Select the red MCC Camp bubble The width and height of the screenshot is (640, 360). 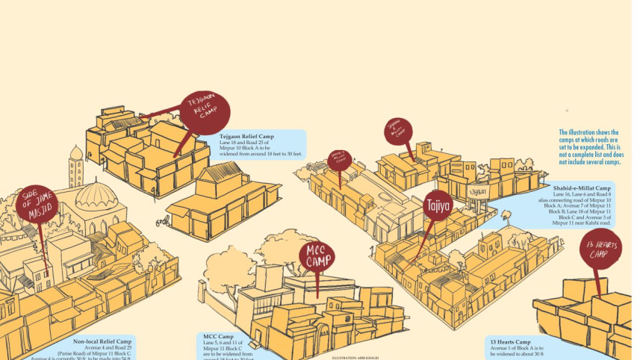point(318,255)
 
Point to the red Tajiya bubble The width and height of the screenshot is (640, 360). point(437,205)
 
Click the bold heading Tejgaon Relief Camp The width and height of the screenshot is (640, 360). point(246,137)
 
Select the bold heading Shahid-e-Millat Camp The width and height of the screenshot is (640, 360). point(582,188)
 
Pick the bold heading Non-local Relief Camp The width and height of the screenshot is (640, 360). point(102,341)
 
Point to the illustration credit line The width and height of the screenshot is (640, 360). point(355,358)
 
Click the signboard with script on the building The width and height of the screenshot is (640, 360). point(477,192)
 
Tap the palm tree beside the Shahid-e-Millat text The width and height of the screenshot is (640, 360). point(506,217)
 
